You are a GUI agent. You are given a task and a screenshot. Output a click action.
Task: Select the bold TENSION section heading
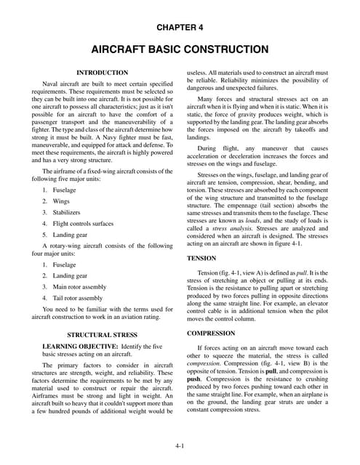201,258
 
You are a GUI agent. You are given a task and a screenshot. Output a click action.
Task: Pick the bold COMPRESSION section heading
210,333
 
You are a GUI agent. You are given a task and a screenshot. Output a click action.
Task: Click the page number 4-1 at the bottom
180,445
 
